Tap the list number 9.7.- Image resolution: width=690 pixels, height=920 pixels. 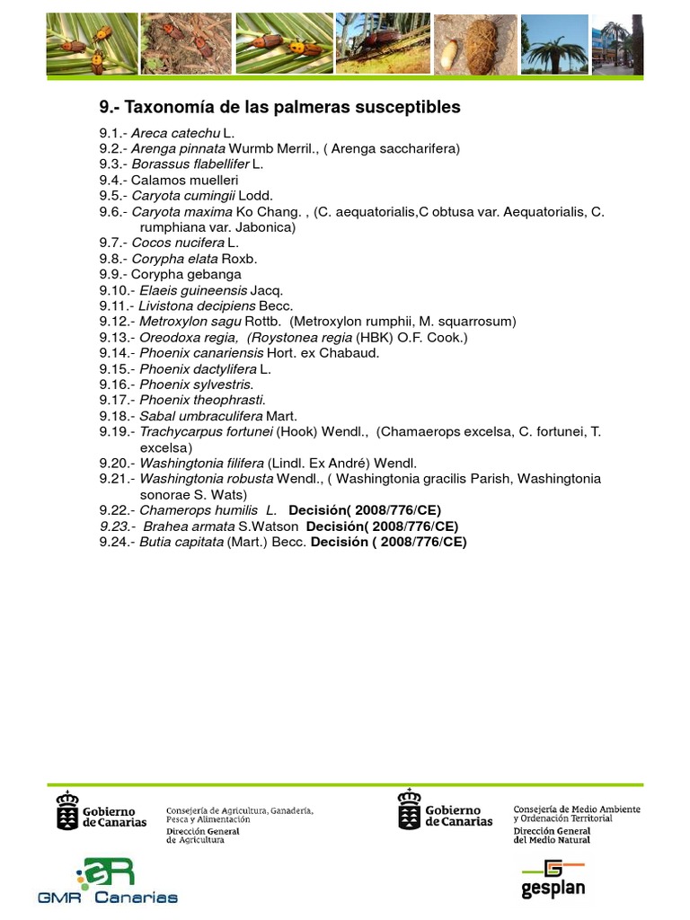coord(113,243)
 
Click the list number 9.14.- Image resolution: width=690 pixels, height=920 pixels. coord(117,353)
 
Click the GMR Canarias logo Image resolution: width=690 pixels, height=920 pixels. coord(109,881)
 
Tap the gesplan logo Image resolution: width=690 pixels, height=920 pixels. coord(553,878)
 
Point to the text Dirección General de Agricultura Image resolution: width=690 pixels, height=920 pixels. coord(202,836)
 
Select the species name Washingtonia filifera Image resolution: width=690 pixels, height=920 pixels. coord(201,463)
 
